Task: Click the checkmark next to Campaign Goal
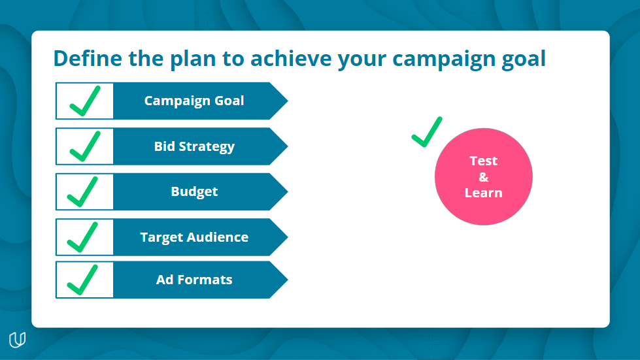click(x=84, y=101)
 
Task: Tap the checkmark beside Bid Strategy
click(x=84, y=146)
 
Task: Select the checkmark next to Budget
click(x=84, y=192)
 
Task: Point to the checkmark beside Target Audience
click(x=84, y=237)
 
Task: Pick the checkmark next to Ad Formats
click(x=84, y=280)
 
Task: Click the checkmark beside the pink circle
click(x=427, y=132)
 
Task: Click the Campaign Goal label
click(x=194, y=101)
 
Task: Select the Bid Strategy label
click(x=194, y=146)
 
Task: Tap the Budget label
click(x=194, y=191)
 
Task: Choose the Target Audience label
click(x=194, y=237)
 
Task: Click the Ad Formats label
click(x=194, y=280)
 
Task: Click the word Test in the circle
click(x=484, y=161)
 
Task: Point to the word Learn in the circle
click(x=484, y=193)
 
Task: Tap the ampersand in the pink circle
click(x=484, y=177)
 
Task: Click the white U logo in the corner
click(x=18, y=340)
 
